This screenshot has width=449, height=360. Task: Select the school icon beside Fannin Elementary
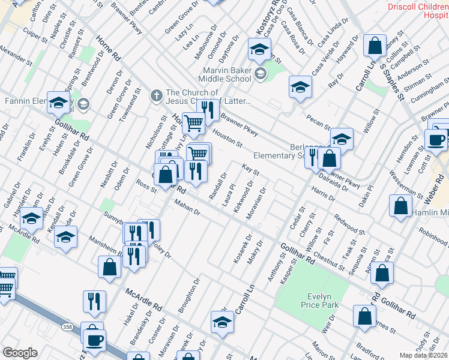click(x=59, y=103)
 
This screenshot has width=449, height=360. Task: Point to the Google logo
click(x=20, y=352)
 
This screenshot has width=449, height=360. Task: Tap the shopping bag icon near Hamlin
click(x=400, y=206)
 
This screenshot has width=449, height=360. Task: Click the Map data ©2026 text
click(x=423, y=355)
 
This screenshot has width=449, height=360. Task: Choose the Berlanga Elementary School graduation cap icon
click(x=342, y=139)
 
